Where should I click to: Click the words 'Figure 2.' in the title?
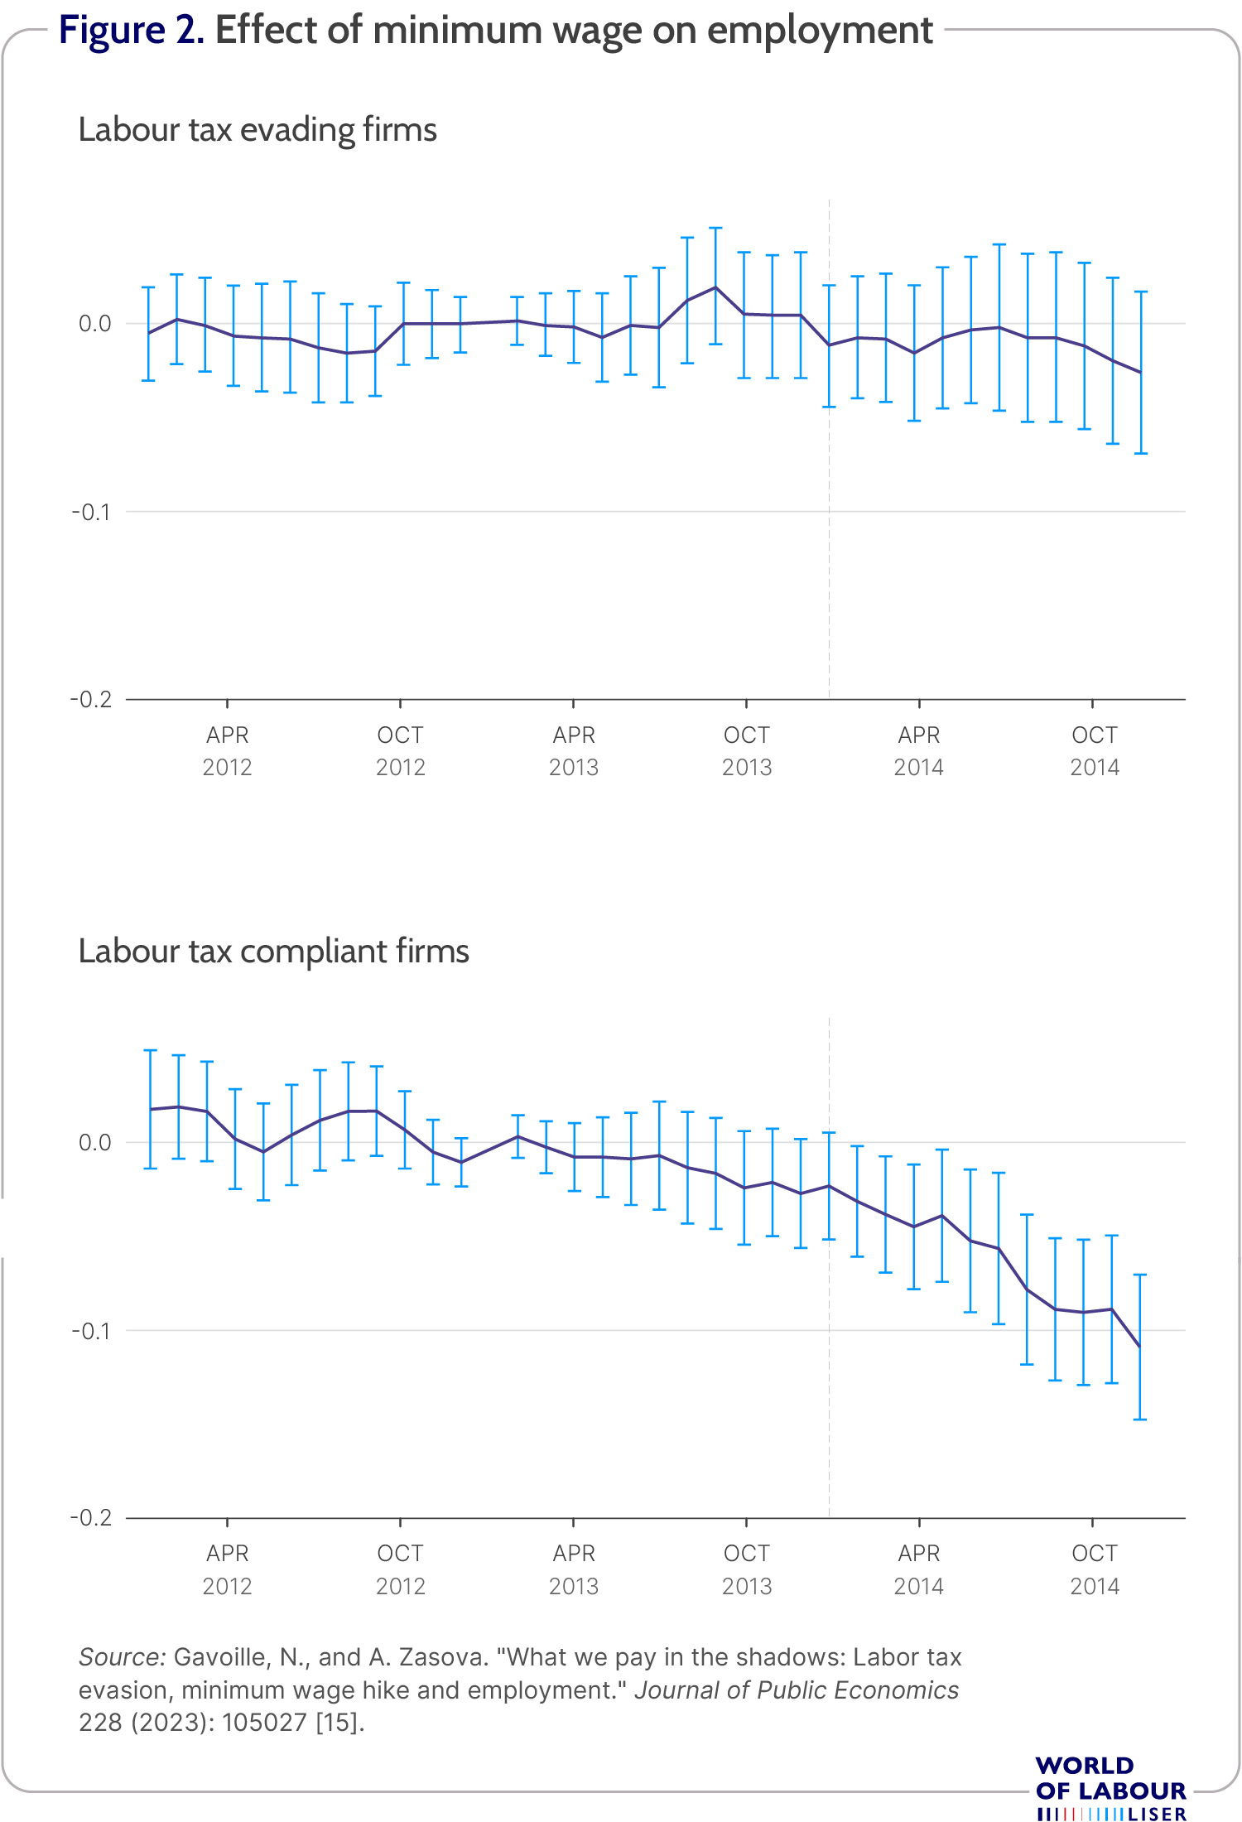132,31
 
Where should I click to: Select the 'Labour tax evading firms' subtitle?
258,130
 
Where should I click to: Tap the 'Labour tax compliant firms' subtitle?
273,952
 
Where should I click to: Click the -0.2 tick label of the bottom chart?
91,1518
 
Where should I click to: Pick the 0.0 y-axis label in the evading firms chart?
94,324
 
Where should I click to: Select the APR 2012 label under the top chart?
228,750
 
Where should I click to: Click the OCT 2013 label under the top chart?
747,750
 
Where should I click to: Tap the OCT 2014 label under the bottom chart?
1094,1569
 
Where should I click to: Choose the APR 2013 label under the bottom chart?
574,1569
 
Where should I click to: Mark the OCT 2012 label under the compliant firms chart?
401,1569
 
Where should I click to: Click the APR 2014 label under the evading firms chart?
919,750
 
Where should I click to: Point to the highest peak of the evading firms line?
715,287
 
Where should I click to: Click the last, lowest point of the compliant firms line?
1140,1347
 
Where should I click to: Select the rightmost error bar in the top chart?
1140,373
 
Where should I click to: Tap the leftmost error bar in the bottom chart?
151,1109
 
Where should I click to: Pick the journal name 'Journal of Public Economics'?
797,1690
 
